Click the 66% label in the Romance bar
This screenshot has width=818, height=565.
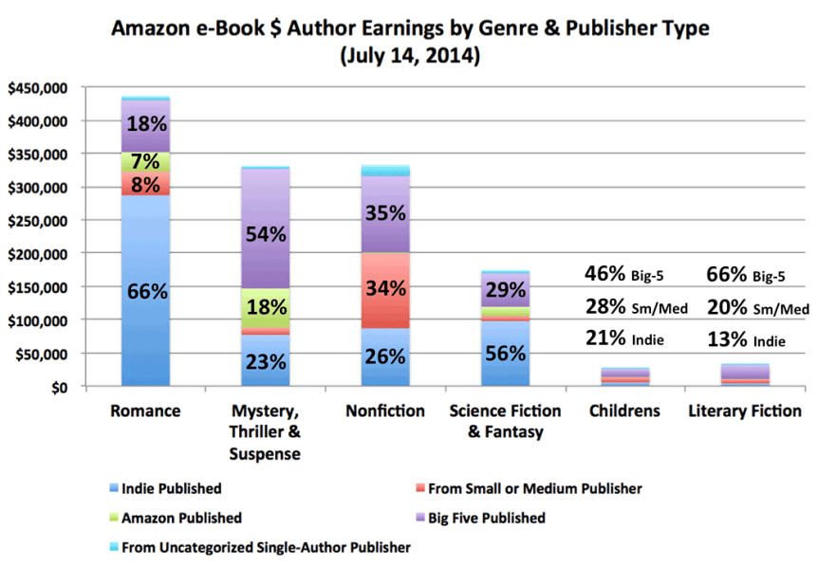(145, 291)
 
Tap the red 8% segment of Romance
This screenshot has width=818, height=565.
(145, 185)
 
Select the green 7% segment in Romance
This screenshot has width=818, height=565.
(145, 162)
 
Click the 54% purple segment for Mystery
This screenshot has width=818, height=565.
(265, 234)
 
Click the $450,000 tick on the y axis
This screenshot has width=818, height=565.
(37, 88)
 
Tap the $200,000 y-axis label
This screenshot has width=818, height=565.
(37, 254)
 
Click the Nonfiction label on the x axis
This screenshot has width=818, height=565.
(385, 411)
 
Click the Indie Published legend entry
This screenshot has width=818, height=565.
(171, 489)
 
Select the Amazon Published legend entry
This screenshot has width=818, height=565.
(179, 518)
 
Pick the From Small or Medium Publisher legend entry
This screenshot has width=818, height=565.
(531, 489)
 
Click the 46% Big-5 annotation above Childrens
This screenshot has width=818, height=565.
(624, 276)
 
